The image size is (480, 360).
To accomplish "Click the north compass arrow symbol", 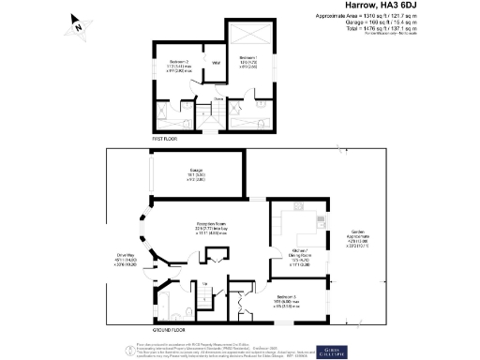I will (x=79, y=27).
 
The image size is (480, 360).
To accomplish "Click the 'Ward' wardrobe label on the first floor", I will (x=215, y=63).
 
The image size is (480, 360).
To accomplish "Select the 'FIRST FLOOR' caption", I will (x=166, y=139).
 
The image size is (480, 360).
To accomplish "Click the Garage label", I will (x=199, y=172).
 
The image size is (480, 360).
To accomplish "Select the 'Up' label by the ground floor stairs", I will (x=204, y=283).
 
